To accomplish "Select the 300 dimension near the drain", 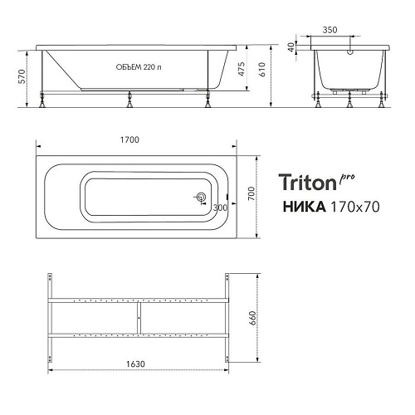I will point(219,207).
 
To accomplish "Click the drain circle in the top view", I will point(200,198).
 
